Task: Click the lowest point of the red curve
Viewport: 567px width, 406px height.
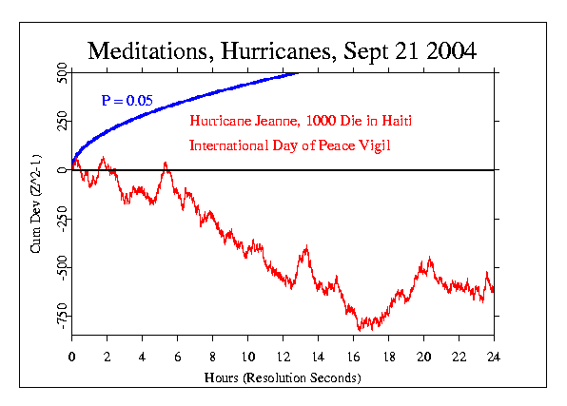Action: point(361,330)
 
